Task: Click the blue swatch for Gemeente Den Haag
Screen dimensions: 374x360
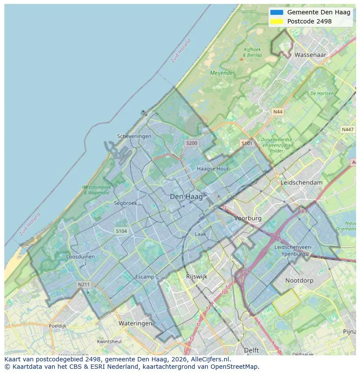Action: coord(276,13)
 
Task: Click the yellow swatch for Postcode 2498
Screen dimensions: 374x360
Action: coord(276,21)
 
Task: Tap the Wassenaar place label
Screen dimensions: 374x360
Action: coord(310,55)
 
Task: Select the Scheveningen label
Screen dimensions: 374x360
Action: coord(134,136)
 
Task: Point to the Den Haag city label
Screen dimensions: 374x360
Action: coord(186,197)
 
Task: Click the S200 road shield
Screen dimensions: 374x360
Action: coord(191,143)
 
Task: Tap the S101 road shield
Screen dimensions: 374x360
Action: coord(247,143)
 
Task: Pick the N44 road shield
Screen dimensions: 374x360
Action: coord(277,112)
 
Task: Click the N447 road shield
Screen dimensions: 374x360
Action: coord(347,129)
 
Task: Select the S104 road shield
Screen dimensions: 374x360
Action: coord(121,231)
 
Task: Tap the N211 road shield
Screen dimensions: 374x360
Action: coord(83,285)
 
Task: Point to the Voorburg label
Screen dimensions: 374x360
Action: coord(248,218)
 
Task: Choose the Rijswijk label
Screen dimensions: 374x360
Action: coord(197,276)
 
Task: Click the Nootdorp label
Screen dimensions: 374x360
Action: coord(299,281)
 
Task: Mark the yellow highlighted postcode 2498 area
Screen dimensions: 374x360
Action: coord(287,302)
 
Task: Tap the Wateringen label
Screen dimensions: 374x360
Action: coord(135,323)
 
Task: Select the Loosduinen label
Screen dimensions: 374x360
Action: coord(80,257)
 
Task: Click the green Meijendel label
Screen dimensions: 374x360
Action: coord(222,73)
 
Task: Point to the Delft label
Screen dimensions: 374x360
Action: coord(251,350)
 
